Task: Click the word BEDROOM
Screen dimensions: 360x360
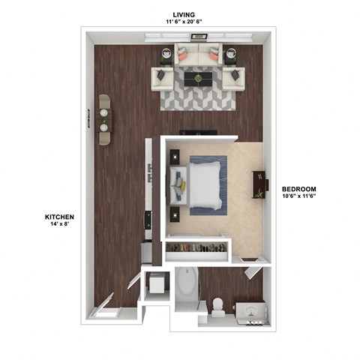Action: (299, 188)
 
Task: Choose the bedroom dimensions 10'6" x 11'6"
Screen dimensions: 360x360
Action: (299, 196)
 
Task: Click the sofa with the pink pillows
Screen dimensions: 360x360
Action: (198, 55)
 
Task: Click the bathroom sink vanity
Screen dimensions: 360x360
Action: (249, 308)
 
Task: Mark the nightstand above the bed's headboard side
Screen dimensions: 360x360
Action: (175, 156)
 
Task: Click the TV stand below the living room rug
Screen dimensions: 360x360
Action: (198, 133)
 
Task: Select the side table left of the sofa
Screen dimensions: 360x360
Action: (166, 54)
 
